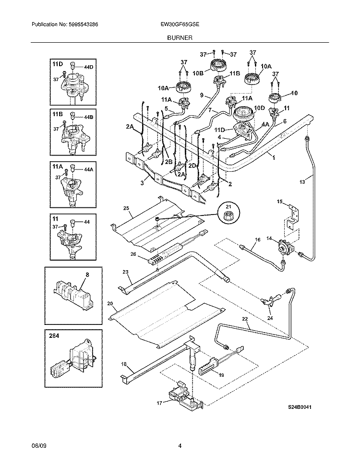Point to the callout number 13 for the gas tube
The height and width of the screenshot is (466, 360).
tap(301, 182)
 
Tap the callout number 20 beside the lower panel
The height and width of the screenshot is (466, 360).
tap(110, 304)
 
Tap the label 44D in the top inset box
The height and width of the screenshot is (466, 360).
tap(88, 67)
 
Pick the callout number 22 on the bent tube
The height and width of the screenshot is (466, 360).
tap(245, 319)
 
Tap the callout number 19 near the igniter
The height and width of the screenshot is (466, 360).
tap(222, 376)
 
